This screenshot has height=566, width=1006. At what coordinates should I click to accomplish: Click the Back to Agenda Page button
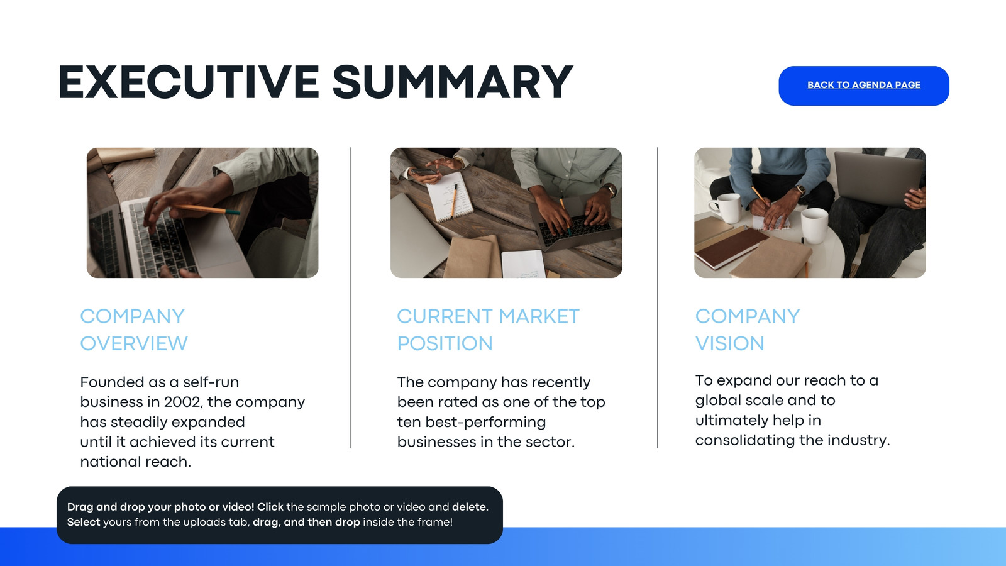pos(864,86)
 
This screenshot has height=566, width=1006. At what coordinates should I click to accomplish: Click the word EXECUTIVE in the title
pos(189,82)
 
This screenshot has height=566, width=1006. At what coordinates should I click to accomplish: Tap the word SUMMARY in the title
pos(453,82)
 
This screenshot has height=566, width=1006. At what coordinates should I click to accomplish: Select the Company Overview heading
pos(134,330)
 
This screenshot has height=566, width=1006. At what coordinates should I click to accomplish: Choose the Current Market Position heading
pos(488,330)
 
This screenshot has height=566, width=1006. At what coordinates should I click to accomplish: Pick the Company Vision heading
pos(748,330)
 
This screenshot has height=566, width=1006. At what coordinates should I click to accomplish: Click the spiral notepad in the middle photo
pos(449,196)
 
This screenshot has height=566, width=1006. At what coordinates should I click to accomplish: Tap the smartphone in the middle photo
pos(424,172)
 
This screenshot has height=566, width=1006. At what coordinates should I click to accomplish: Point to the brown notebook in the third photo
pos(731,247)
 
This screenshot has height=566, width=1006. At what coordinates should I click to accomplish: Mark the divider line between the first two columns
pos(350,297)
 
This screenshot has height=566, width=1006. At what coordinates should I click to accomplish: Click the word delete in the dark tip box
pos(469,507)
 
